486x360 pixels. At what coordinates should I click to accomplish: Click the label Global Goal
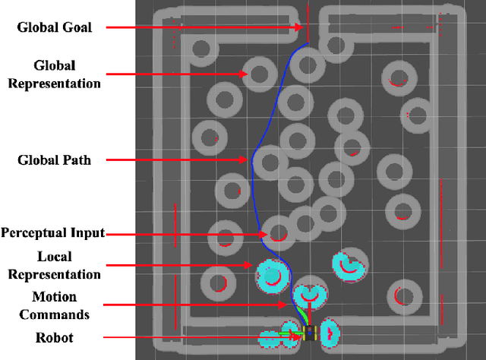click(x=55, y=28)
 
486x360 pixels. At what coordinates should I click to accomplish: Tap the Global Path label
click(x=54, y=160)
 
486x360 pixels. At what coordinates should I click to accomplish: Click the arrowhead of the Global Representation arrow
click(x=246, y=74)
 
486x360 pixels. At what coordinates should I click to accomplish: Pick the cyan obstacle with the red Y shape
click(x=311, y=292)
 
